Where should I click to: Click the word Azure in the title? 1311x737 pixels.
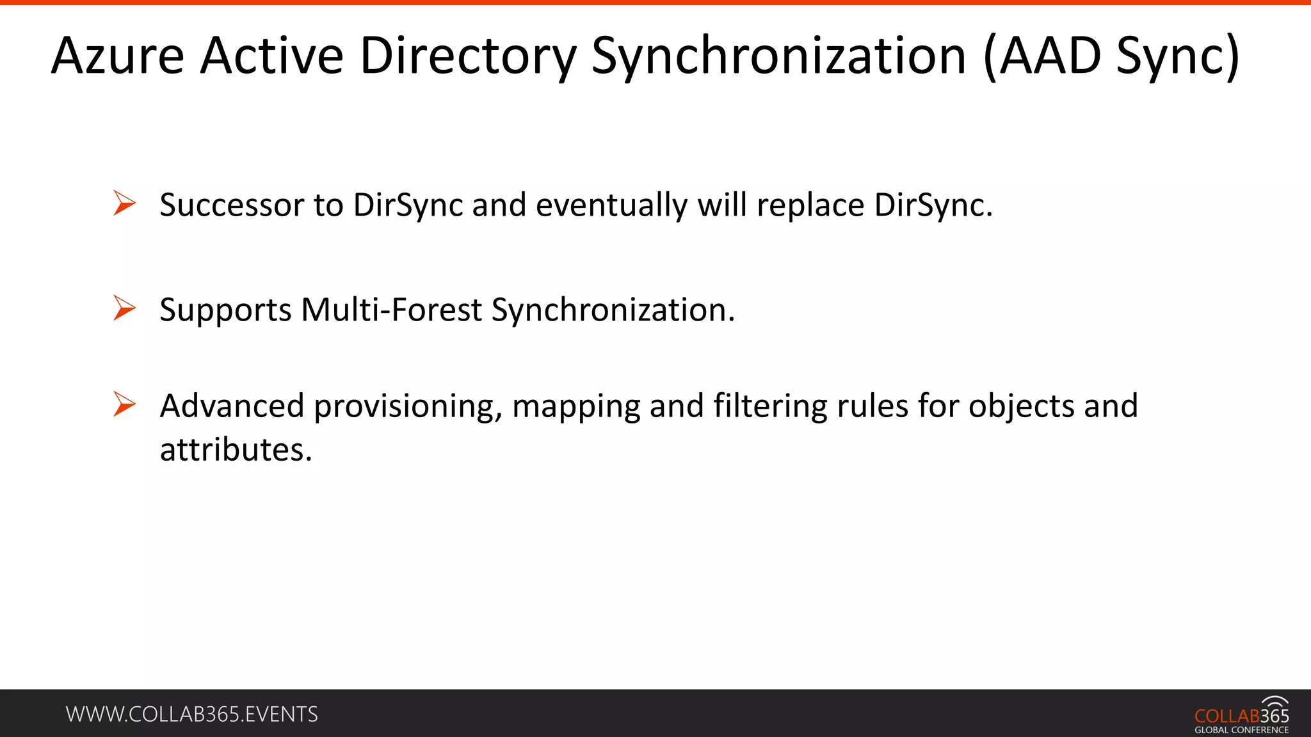click(118, 56)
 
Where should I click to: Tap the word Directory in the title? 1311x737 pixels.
click(468, 56)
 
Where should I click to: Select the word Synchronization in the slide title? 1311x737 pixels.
click(778, 56)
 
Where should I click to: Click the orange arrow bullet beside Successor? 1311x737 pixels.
click(124, 203)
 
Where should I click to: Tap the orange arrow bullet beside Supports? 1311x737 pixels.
click(124, 308)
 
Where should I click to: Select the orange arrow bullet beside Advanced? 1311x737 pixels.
click(124, 404)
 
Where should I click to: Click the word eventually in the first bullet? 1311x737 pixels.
click(611, 205)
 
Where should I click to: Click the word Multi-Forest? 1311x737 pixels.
click(391, 310)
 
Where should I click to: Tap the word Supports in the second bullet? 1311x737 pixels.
click(225, 310)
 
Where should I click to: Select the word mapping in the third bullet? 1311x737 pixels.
click(575, 406)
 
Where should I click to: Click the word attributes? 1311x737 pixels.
click(236, 450)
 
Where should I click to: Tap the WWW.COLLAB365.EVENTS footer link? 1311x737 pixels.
click(191, 714)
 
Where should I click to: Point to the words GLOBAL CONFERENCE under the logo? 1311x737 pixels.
click(1241, 730)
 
